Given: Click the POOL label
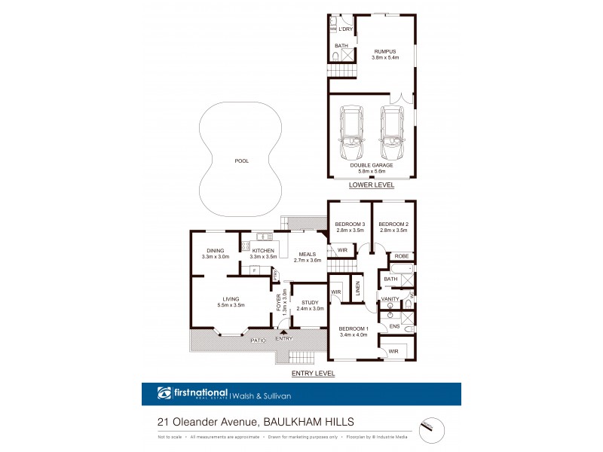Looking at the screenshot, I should (x=241, y=160).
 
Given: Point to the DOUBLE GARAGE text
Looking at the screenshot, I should (x=371, y=165).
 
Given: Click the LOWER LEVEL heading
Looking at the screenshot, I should (x=371, y=185).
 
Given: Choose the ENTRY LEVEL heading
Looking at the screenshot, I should (x=313, y=374).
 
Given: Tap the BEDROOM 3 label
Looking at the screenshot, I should (x=350, y=224).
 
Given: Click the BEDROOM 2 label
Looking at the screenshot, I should (x=393, y=224).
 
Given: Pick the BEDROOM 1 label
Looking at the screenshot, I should (x=353, y=330).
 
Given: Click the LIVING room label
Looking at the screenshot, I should (x=231, y=299).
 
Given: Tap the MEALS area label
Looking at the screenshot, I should (x=307, y=254).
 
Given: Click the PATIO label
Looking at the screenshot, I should (x=258, y=341).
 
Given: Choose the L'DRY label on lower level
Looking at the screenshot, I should (x=345, y=29).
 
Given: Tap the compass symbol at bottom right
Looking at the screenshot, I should (x=431, y=426).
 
